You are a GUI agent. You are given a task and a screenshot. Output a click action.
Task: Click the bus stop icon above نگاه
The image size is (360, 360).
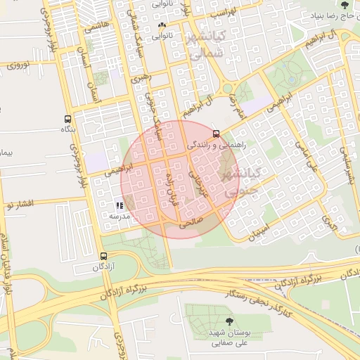(x=67, y=120)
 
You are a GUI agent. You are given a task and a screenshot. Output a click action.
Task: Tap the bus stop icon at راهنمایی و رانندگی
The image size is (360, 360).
(x=215, y=133)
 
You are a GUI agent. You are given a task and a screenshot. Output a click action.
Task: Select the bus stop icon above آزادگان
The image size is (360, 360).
(x=104, y=256)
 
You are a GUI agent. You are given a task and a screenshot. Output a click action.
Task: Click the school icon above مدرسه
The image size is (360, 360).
(x=119, y=205)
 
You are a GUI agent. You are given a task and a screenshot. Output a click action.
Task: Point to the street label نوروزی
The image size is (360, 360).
(x=16, y=66)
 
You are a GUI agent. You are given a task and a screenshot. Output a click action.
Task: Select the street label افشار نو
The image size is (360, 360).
(x=18, y=205)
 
